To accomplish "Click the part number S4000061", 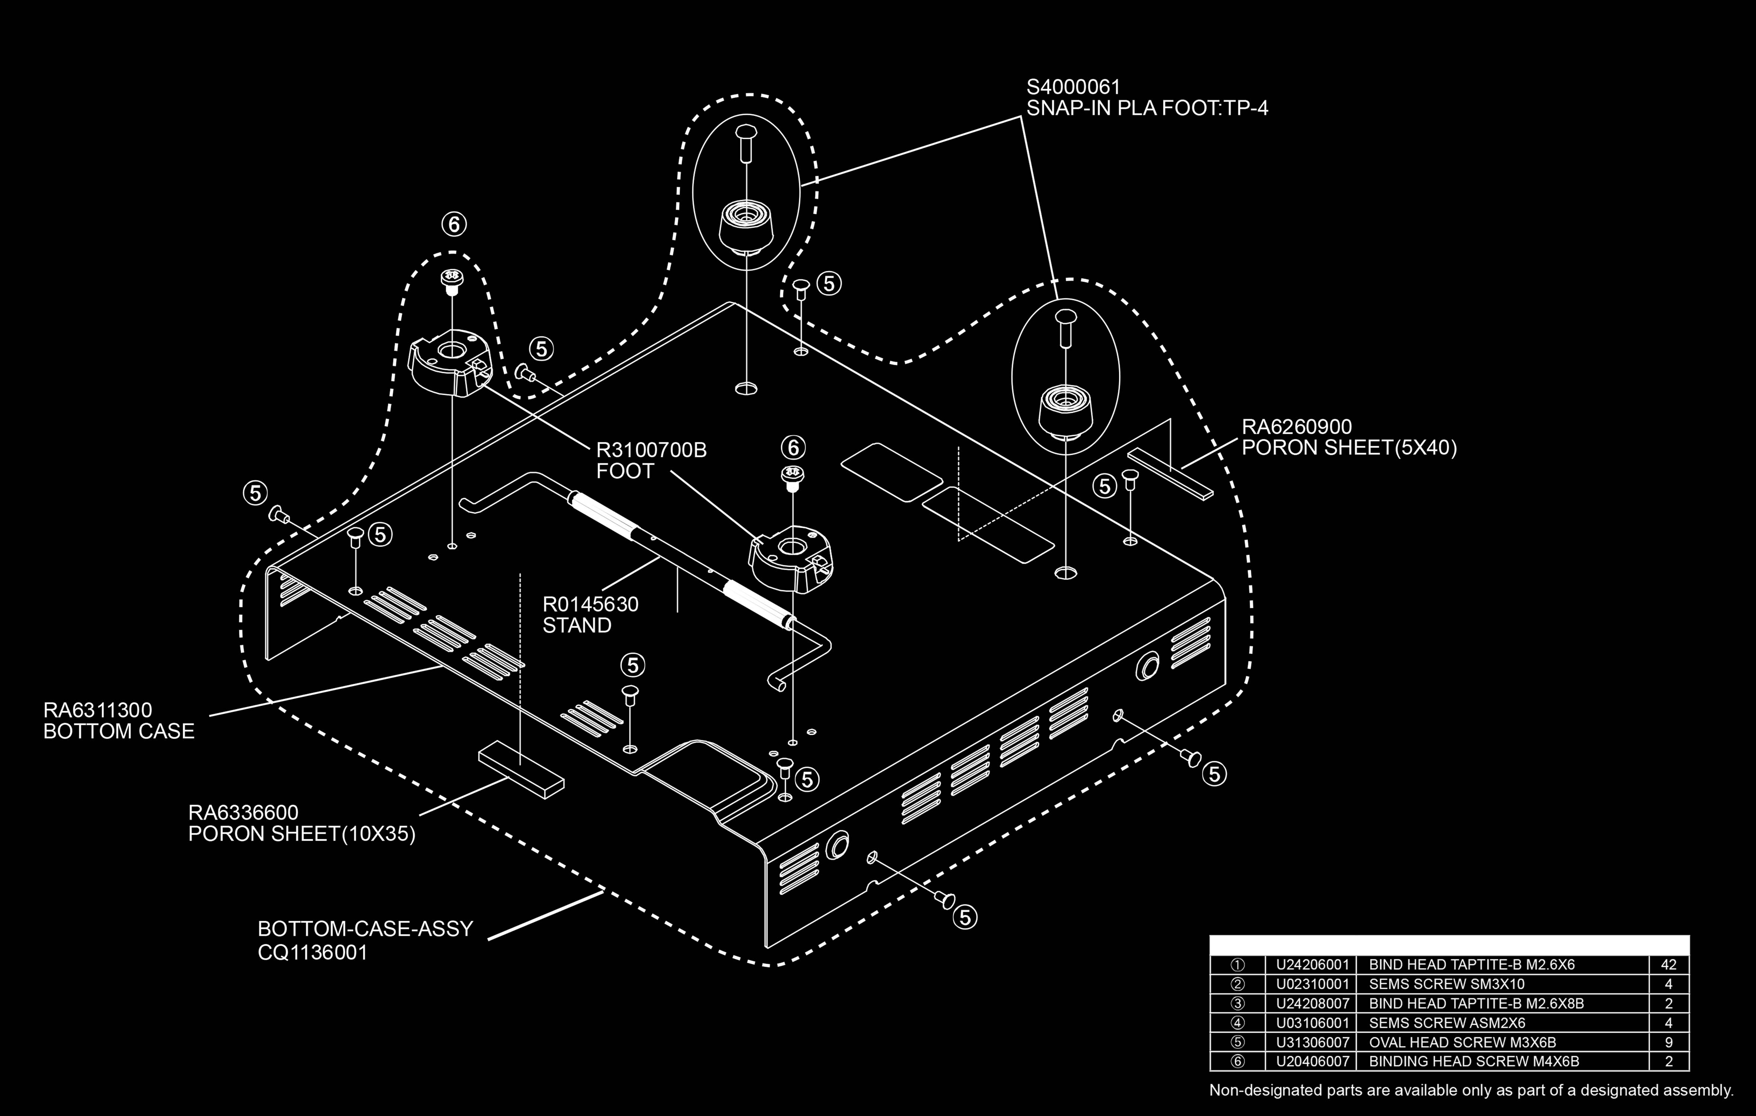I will coord(1073,87).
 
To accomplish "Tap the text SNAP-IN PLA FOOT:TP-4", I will coord(1147,109).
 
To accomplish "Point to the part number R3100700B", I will coord(651,450).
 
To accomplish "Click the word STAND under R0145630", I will coord(576,625).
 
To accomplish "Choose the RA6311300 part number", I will coord(98,710).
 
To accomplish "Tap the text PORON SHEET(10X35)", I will coord(302,834).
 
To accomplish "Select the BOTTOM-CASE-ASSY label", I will coord(365,929).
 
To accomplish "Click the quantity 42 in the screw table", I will coord(1669,964).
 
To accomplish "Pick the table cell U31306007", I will coord(1312,1042).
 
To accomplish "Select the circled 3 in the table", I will coord(1237,1004).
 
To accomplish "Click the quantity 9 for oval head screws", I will coord(1669,1042).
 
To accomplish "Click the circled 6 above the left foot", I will coord(453,225).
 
